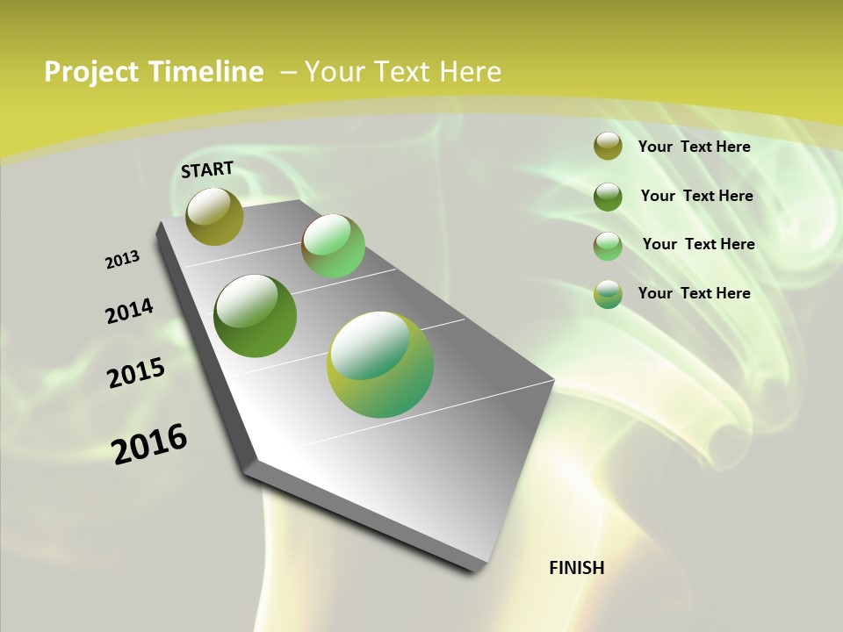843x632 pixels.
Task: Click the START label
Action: (207, 169)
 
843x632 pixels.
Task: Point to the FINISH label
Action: (577, 568)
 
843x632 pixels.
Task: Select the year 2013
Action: (123, 260)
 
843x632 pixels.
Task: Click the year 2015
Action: (136, 373)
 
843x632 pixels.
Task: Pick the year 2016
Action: (149, 444)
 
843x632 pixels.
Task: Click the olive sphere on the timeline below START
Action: (215, 216)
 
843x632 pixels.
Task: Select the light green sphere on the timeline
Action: (333, 246)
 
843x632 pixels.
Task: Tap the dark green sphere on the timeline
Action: (256, 316)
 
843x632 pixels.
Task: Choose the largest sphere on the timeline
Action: (380, 364)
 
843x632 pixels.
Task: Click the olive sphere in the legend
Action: (608, 147)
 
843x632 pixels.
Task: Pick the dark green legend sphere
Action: (608, 197)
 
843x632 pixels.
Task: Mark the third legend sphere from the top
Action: (608, 246)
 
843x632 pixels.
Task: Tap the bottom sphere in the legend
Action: (608, 294)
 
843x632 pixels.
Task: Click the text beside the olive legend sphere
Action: (694, 147)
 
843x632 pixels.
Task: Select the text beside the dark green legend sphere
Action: (696, 196)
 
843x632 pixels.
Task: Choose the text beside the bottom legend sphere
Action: (694, 293)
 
